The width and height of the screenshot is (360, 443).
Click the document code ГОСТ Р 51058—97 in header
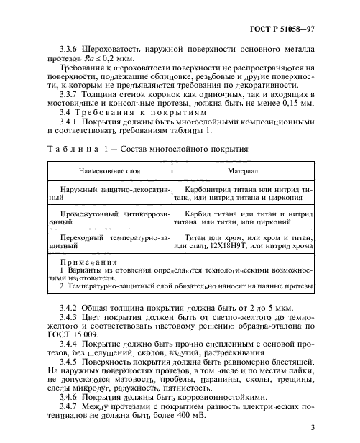click(x=304, y=29)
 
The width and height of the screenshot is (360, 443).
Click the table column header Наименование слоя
click(x=107, y=173)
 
